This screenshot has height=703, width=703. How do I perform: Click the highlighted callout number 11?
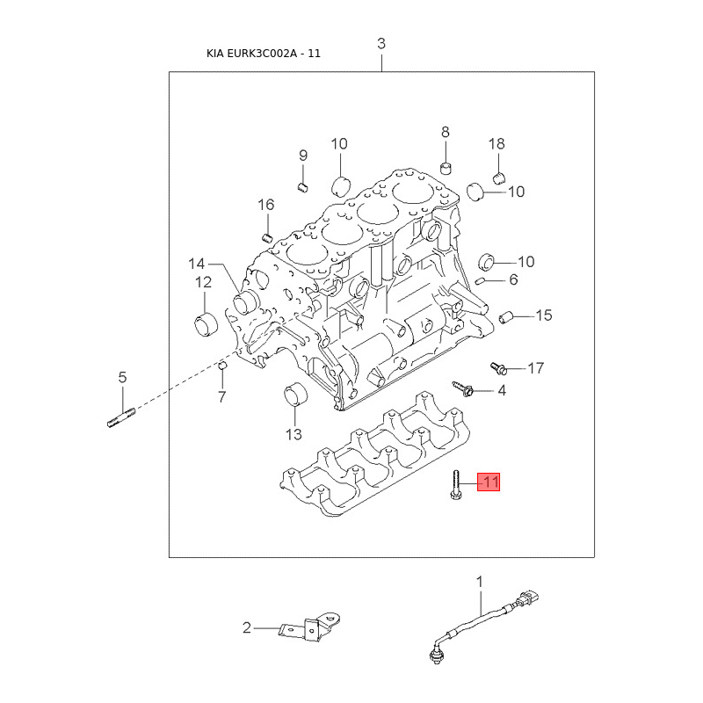point(489,482)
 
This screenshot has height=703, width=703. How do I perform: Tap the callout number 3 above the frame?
point(381,44)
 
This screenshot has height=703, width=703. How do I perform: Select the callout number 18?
point(496,144)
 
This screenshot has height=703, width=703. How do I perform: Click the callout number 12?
point(203,282)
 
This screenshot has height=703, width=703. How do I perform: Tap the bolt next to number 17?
point(496,366)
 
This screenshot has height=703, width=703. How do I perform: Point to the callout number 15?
point(544,315)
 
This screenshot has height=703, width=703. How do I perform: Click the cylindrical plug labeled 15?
point(505,316)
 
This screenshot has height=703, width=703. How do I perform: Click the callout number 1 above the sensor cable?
point(480,581)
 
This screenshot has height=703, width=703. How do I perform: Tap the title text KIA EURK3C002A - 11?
point(264,53)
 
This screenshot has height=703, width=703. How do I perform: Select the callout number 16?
point(265,205)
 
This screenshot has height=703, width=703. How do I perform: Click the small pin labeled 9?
point(301,185)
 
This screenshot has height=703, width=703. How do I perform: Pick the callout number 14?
point(195,263)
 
